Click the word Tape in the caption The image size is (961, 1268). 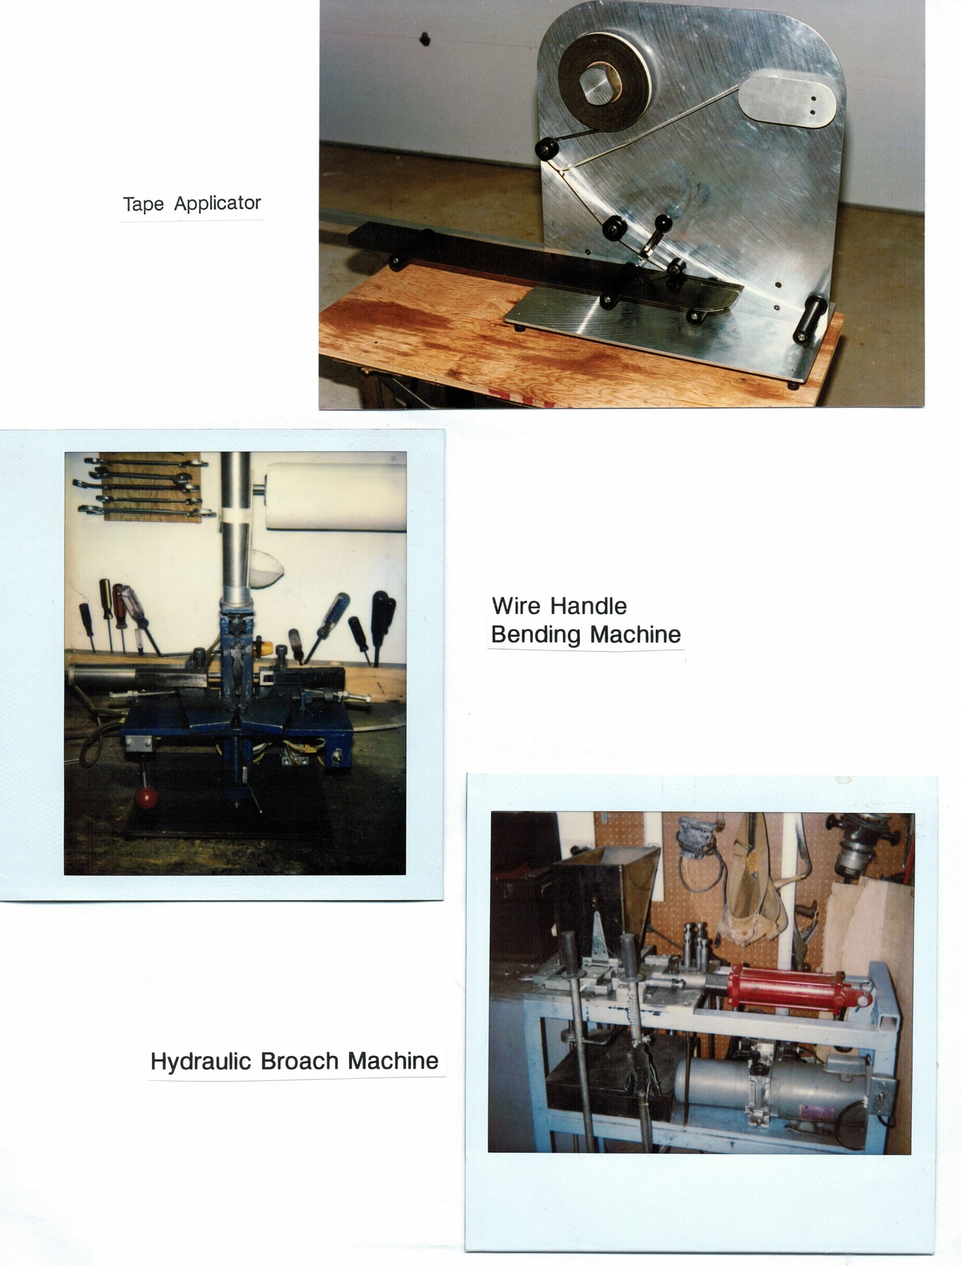[x=143, y=204]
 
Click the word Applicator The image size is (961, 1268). [x=218, y=203]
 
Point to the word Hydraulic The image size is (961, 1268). [x=201, y=1061]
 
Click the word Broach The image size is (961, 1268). [x=300, y=1061]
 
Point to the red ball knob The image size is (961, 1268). [x=146, y=797]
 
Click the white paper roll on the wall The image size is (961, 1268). [x=335, y=496]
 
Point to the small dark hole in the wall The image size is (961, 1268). [x=425, y=39]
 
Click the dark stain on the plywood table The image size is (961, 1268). [x=390, y=317]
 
